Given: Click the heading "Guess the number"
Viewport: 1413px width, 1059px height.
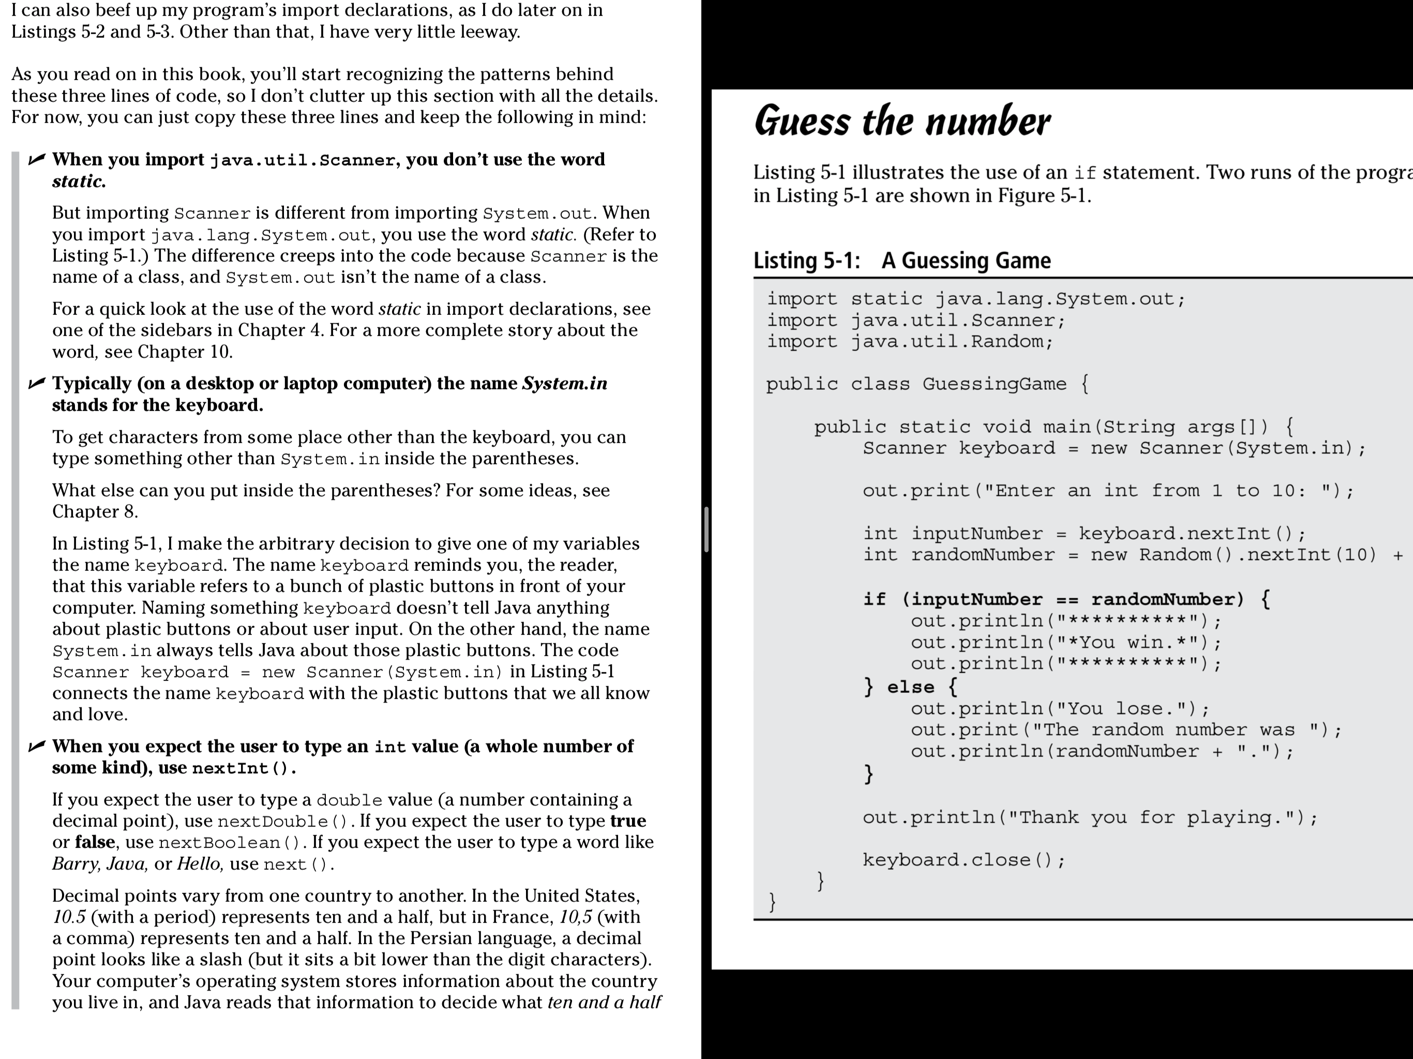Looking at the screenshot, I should pos(901,122).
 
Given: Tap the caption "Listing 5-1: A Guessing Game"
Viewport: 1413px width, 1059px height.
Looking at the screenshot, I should pos(901,261).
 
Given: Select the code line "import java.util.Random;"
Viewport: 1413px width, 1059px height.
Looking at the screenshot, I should pos(910,342).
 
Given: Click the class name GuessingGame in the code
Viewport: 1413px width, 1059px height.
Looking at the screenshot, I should pos(994,384).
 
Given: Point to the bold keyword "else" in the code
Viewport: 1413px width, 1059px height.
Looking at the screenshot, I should pos(910,687).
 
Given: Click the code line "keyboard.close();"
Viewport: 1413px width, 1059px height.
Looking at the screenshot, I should pos(964,860).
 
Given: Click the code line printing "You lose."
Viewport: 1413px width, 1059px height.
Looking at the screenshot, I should pos(1060,709).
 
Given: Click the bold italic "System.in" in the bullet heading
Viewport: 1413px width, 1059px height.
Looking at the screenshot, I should pos(565,383).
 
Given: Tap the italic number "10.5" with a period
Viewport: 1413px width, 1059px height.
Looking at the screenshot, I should pos(68,917).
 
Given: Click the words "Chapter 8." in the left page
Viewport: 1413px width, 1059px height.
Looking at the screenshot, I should pos(95,511).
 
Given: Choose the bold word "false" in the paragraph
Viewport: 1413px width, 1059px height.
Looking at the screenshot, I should pos(95,842).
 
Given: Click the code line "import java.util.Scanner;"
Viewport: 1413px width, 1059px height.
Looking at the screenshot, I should pos(916,321).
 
